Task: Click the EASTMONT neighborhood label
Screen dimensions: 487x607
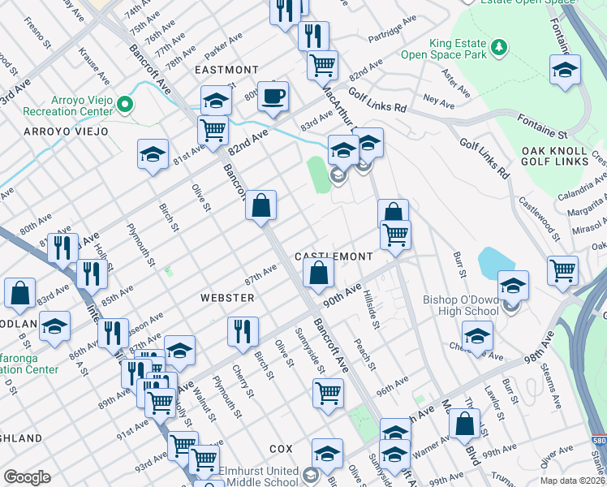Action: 226,71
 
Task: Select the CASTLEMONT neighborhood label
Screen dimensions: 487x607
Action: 334,256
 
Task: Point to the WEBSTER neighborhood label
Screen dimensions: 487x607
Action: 227,298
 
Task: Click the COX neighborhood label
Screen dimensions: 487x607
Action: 281,448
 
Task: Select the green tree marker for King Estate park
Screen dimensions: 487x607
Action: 501,47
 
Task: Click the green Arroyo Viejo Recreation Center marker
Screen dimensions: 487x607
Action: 124,103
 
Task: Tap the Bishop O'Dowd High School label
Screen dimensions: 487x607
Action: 463,307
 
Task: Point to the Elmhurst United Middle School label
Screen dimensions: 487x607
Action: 352,475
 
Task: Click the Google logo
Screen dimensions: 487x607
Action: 27,476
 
